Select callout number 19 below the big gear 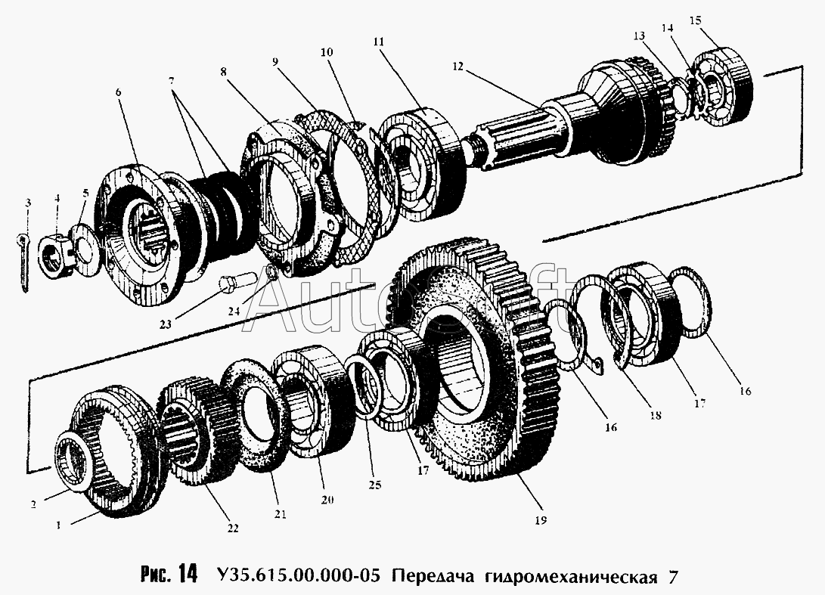[539, 520]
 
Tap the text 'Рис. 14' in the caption [168, 574]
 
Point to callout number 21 [281, 514]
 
